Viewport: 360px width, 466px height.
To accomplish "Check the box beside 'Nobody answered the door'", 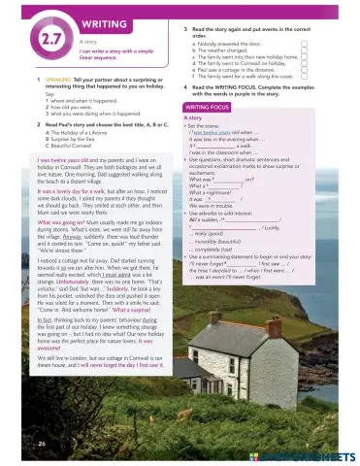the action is pos(305,44).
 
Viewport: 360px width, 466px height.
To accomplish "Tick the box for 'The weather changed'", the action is pos(305,50).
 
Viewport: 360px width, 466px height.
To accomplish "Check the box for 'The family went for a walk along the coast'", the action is pos(305,77).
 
